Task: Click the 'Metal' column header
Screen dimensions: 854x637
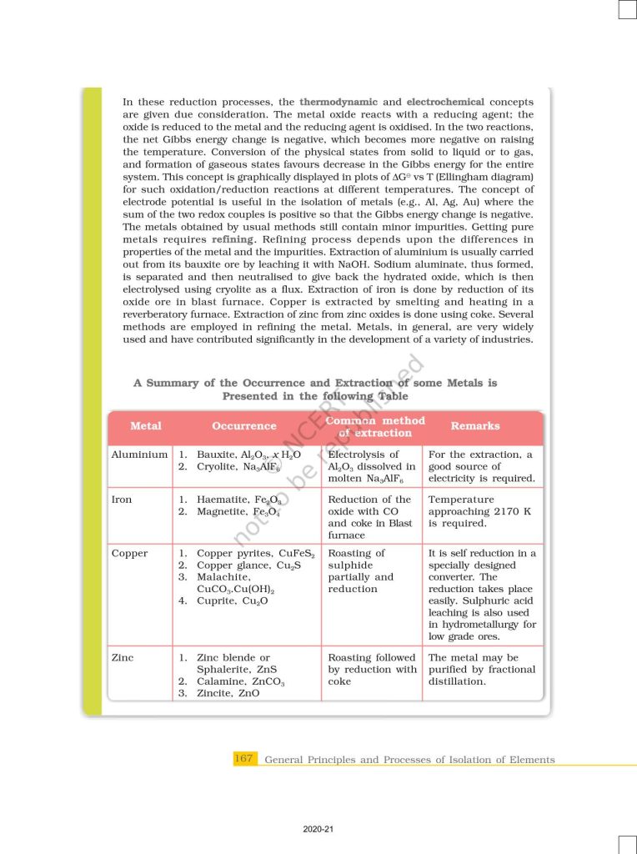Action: coord(146,426)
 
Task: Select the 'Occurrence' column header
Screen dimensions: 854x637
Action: coord(243,426)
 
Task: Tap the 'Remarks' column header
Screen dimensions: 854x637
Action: coord(475,426)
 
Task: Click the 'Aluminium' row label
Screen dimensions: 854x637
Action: coord(139,455)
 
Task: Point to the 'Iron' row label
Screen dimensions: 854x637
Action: coord(122,500)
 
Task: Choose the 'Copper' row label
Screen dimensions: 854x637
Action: coord(129,554)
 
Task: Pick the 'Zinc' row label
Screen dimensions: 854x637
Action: coord(122,658)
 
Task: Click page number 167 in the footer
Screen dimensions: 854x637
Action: coord(243,759)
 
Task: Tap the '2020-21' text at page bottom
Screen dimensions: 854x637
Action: coord(318,829)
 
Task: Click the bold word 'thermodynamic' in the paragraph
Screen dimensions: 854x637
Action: coord(337,102)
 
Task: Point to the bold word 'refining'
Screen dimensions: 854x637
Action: coord(236,239)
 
